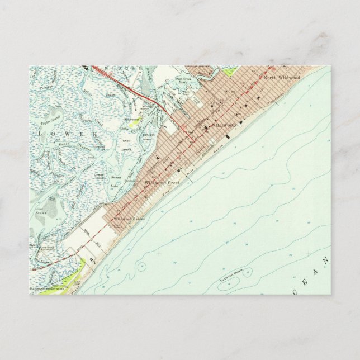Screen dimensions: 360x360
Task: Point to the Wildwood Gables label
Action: pos(130,219)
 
